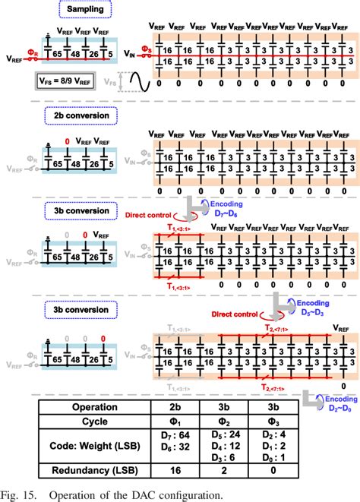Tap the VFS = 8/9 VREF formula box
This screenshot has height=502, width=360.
click(x=69, y=80)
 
